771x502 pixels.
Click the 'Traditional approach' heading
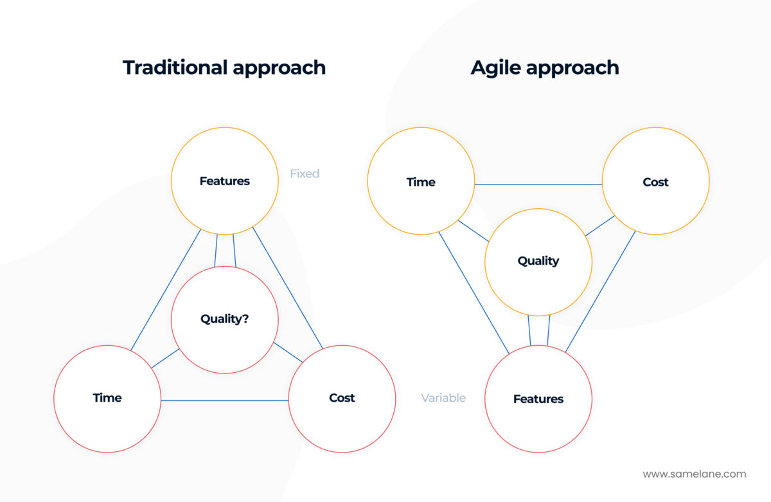pyautogui.click(x=224, y=67)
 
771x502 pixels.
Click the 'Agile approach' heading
pyautogui.click(x=545, y=67)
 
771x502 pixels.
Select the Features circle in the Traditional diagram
pyautogui.click(x=224, y=181)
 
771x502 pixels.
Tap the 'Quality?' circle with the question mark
pyautogui.click(x=224, y=319)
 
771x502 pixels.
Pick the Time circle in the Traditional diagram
pyautogui.click(x=107, y=398)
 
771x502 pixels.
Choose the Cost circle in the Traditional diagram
pyautogui.click(x=342, y=398)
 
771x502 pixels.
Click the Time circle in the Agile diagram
pyautogui.click(x=421, y=182)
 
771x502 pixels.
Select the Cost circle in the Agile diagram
pyautogui.click(x=655, y=182)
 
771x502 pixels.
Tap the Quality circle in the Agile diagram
pyautogui.click(x=538, y=261)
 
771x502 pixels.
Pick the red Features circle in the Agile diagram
pyautogui.click(x=538, y=399)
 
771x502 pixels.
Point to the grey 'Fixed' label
pyautogui.click(x=305, y=174)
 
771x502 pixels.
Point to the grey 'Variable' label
pyautogui.click(x=443, y=398)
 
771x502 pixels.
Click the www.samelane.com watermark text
pyautogui.click(x=695, y=474)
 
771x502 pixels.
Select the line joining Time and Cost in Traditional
pyautogui.click(x=224, y=400)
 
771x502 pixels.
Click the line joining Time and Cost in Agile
pyautogui.click(x=538, y=184)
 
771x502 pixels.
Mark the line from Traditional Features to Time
pyautogui.click(x=166, y=290)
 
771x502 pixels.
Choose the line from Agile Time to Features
pyautogui.click(x=474, y=292)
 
